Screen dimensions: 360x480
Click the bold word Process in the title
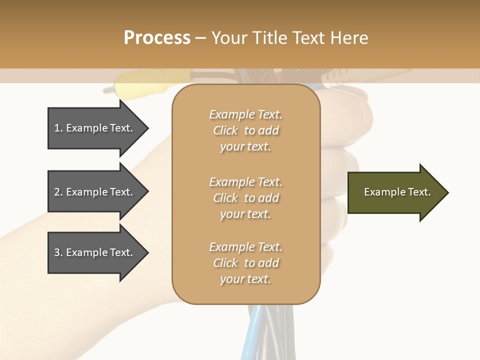coord(157,37)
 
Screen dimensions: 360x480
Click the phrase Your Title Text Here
coord(290,37)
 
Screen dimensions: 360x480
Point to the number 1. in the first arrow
coord(58,128)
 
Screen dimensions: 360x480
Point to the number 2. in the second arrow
coord(58,192)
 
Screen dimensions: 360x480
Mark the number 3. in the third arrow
coord(58,252)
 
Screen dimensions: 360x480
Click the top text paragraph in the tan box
coord(245,130)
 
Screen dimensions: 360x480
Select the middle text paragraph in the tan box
coord(245,198)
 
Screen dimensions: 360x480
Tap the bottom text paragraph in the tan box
coord(245,263)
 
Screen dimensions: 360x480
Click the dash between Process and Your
coord(200,37)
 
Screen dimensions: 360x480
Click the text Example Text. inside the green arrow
coord(397,192)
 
